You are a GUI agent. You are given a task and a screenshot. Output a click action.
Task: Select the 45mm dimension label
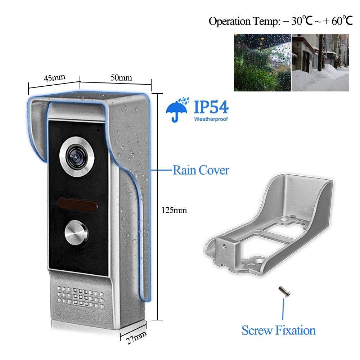coord(54,78)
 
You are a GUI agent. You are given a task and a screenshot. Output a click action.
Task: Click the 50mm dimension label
coord(121,77)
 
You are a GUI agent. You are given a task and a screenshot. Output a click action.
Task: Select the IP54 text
coord(211,107)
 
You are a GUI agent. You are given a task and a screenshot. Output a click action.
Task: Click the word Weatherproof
coord(211,119)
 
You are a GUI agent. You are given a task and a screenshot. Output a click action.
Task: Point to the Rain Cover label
coord(201,170)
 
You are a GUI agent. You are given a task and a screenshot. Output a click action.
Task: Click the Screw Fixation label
coord(279,330)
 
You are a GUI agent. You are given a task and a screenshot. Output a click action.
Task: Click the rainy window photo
coord(262,62)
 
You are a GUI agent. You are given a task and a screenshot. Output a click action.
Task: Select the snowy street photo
coord(320,62)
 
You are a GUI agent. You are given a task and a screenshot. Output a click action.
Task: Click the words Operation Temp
coord(244,21)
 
